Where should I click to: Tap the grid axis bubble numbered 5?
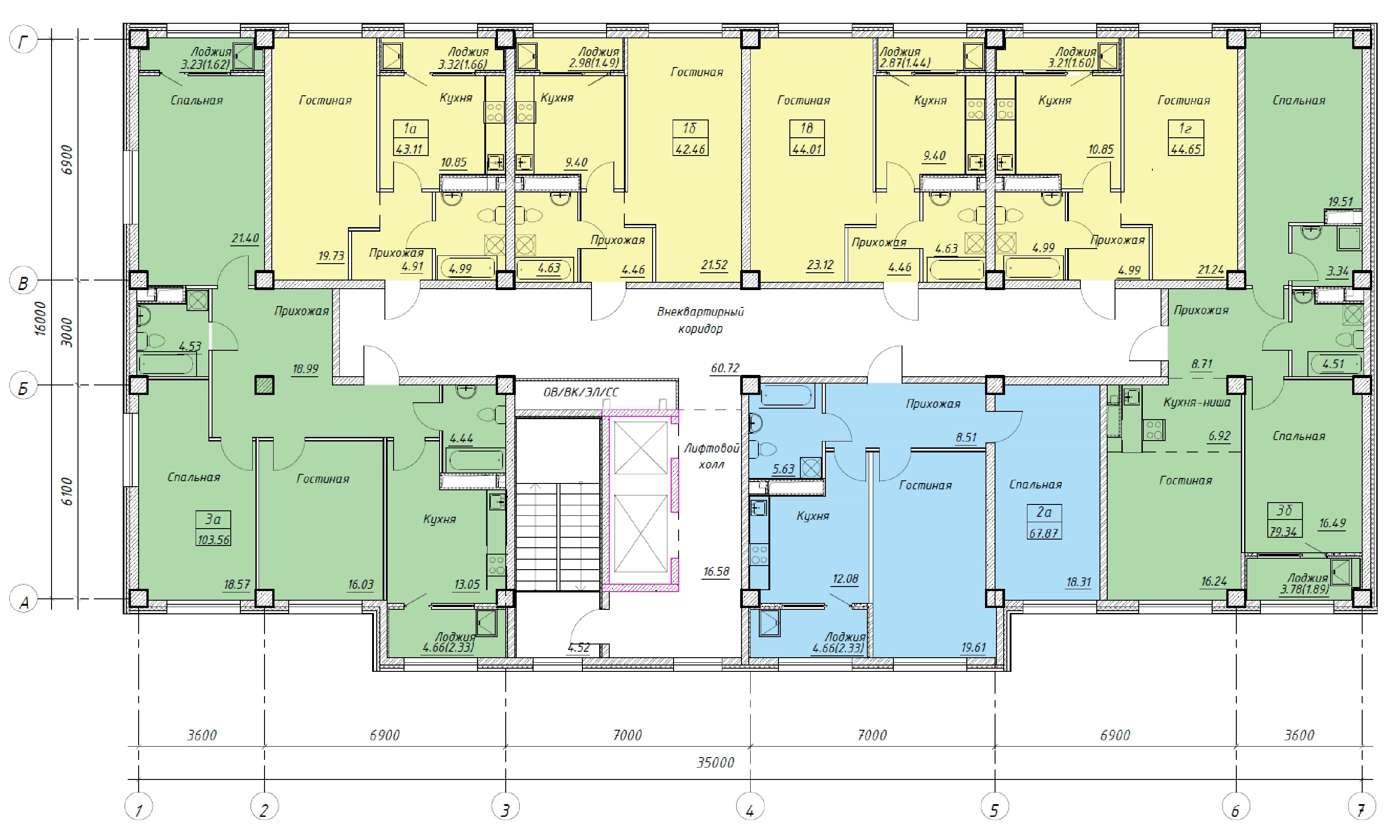995,807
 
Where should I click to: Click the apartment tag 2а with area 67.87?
1044,521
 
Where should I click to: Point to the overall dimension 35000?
715,762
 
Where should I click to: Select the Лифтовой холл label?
711,456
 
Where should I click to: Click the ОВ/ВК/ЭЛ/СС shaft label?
581,392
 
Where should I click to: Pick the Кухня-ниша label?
1197,402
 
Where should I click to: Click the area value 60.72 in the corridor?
725,368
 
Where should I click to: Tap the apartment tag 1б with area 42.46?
690,137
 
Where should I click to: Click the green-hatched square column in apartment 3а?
264,385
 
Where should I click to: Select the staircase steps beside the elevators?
558,536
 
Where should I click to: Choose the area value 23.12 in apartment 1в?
819,265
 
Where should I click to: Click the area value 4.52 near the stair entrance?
578,647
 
